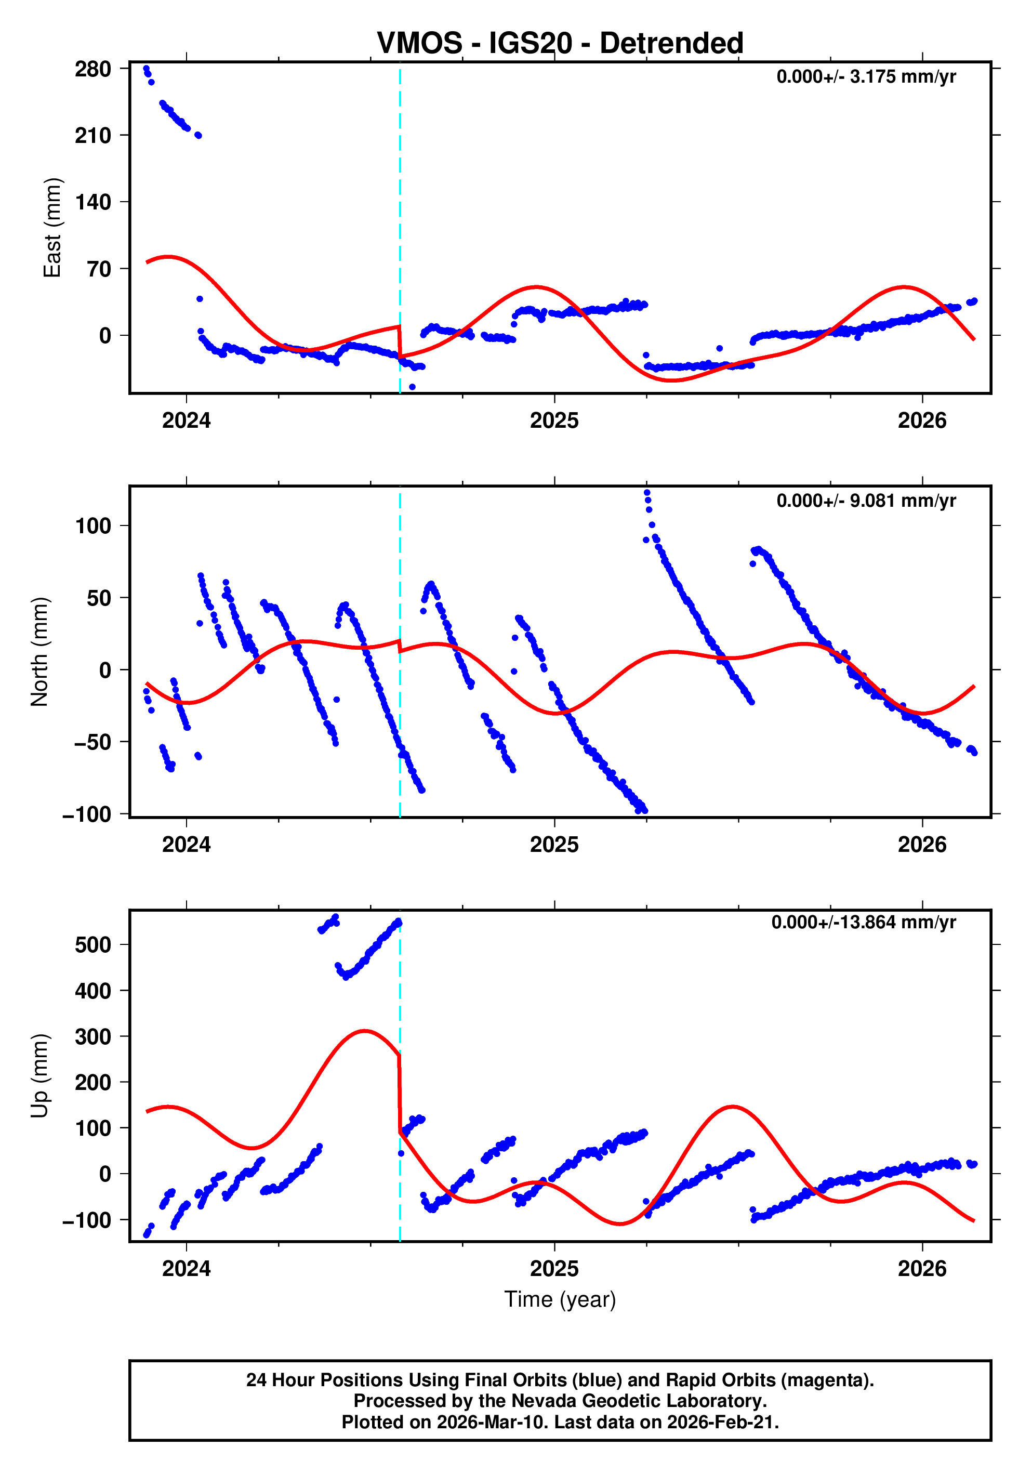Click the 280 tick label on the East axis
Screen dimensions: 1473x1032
pos(92,69)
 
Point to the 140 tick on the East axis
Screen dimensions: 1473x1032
pos(92,203)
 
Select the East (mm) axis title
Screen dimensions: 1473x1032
pos(52,228)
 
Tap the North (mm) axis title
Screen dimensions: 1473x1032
pos(40,652)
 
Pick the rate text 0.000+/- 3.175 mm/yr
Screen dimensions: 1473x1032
pos(865,77)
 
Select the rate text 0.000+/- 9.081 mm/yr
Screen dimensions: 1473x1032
pos(865,501)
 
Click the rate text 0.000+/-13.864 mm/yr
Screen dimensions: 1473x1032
pos(863,923)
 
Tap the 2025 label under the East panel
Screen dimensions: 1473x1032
pos(553,421)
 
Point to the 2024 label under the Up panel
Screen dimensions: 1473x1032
pos(186,1269)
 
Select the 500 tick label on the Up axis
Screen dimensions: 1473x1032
pos(92,945)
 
